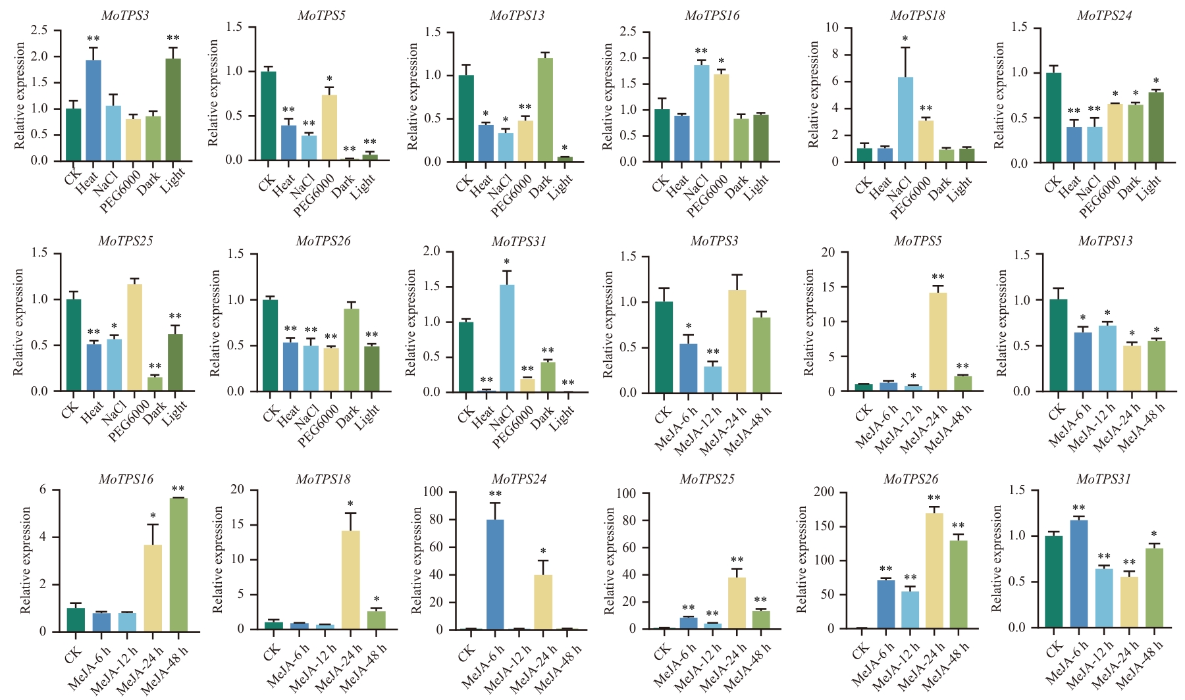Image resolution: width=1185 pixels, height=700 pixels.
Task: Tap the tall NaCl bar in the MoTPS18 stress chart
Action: pyautogui.click(x=905, y=119)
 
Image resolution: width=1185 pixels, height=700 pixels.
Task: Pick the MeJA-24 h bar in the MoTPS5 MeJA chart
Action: pyautogui.click(x=937, y=342)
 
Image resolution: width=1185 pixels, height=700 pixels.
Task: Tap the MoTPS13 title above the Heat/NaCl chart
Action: pyautogui.click(x=517, y=15)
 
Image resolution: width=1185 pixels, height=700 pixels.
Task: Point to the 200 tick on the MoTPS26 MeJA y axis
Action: pyautogui.click(x=824, y=492)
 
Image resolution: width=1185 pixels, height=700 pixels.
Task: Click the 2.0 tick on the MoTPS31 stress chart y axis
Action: pyautogui.click(x=432, y=251)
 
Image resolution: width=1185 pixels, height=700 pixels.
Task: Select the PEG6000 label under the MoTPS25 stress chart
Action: pyautogui.click(x=129, y=421)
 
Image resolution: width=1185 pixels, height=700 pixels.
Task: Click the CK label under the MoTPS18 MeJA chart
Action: pyautogui.click(x=271, y=655)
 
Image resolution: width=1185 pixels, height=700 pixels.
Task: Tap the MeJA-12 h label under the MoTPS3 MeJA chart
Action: pyautogui.click(x=698, y=432)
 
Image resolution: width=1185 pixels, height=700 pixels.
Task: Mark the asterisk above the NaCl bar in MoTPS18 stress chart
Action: pyautogui.click(x=905, y=39)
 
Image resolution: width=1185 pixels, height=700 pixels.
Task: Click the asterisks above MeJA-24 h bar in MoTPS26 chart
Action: pyautogui.click(x=934, y=498)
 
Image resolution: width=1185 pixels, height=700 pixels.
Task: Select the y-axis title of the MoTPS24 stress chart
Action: pyautogui.click(x=999, y=95)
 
